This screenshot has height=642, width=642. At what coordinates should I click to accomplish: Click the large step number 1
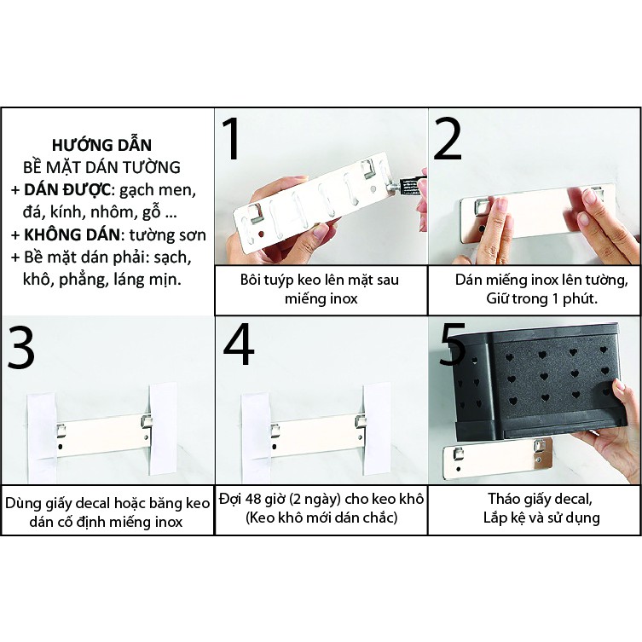233,139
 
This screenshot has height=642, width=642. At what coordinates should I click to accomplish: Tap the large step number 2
448,138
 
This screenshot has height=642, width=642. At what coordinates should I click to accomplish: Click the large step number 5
452,344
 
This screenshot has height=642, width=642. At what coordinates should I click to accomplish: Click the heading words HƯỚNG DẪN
102,145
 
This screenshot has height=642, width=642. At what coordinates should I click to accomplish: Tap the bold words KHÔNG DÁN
72,234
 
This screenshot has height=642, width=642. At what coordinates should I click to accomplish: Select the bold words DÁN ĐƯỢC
67,189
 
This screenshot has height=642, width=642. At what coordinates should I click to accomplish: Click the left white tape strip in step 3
41,436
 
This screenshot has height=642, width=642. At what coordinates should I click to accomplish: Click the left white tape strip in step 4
256,435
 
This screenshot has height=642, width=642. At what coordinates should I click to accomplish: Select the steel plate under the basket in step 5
498,459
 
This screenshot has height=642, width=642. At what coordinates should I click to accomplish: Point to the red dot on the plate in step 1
260,234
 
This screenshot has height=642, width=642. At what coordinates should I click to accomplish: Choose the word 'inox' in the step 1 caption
343,298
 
